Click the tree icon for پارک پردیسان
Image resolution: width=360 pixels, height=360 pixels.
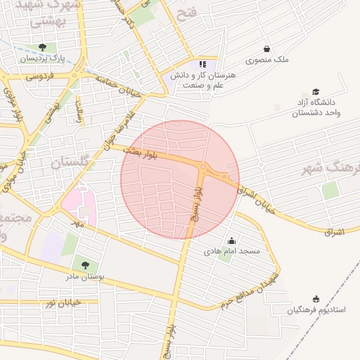coord(42,48)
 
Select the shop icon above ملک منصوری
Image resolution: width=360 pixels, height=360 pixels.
coord(266,49)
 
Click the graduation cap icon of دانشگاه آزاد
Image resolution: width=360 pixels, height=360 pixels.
coord(316,92)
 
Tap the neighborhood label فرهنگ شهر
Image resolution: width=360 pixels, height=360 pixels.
coord(330,169)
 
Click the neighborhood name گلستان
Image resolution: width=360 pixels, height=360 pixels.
coord(72,162)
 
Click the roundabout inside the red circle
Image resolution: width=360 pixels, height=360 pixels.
coord(203,167)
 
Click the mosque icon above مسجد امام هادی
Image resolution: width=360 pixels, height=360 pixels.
coord(232,241)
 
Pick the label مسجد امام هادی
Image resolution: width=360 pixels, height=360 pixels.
coord(232,251)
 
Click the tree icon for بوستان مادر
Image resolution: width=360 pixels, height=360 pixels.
coord(85,265)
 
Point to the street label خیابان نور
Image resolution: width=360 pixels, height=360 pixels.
coord(64,302)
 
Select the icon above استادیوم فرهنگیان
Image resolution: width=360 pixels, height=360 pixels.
coord(316,299)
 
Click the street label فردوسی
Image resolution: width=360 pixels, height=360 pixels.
coord(41,75)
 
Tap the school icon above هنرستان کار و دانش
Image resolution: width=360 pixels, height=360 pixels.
coord(204,65)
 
